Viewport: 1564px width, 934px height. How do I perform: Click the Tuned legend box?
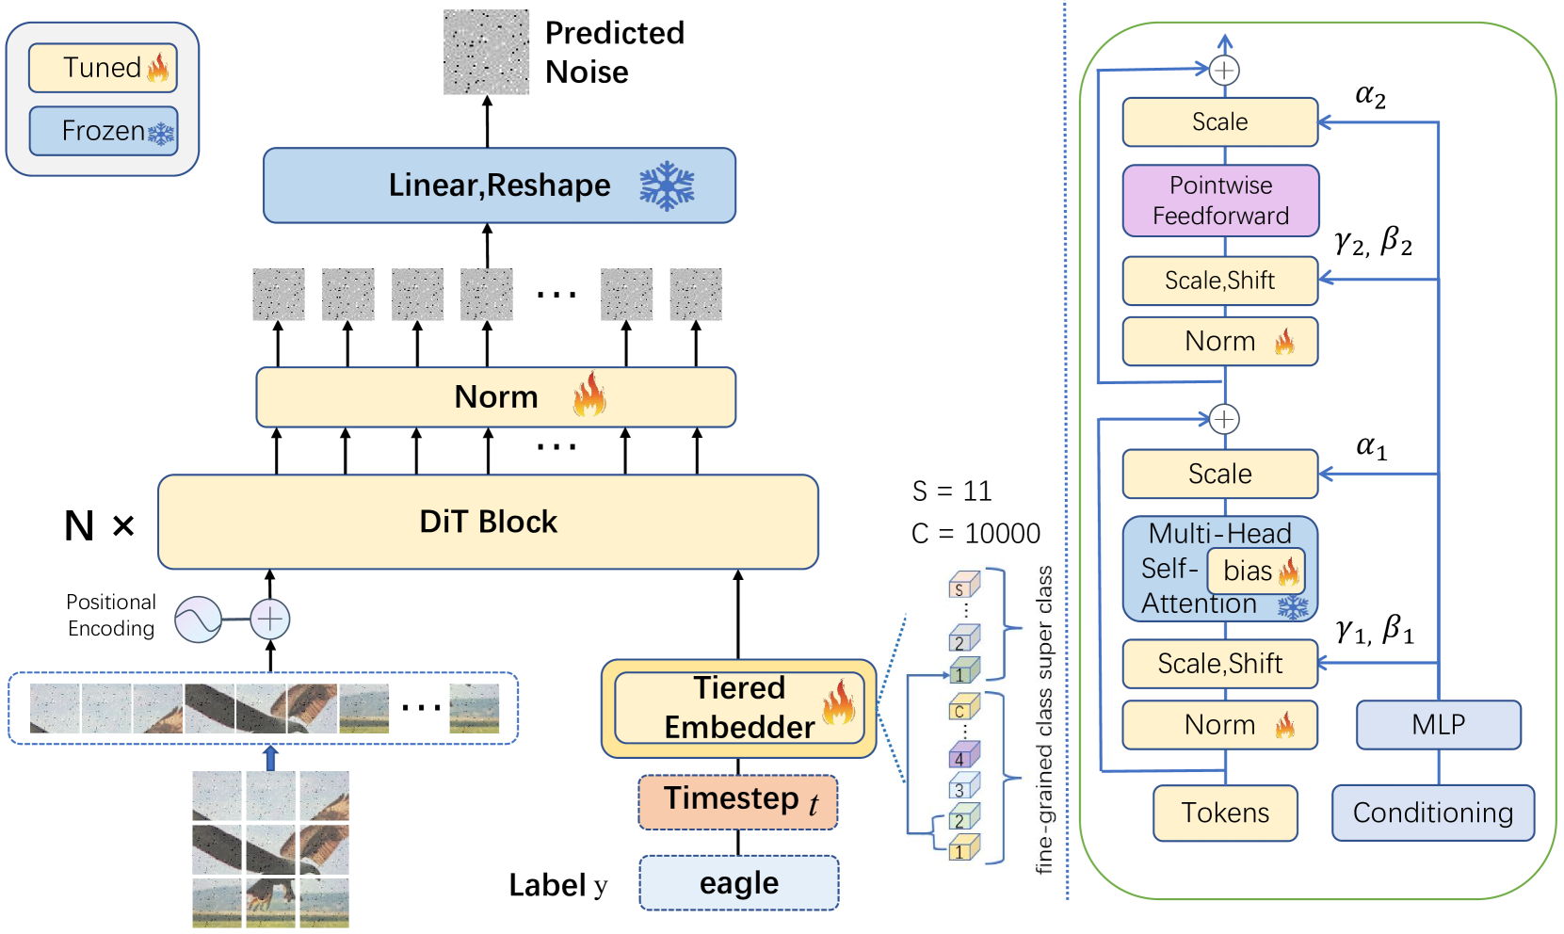[103, 68]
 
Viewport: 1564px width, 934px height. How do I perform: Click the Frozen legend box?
[103, 131]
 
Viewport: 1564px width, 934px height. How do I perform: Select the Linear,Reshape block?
[499, 185]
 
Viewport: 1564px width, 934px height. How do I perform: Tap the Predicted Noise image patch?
[486, 52]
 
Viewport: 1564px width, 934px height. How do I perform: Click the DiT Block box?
[488, 522]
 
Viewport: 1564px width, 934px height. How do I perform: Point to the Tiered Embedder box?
[738, 708]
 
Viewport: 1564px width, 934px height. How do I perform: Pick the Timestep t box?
[738, 801]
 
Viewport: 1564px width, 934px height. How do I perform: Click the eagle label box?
[738, 883]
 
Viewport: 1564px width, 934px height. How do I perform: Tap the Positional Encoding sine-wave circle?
[198, 620]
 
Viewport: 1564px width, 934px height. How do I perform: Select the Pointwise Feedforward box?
[1220, 201]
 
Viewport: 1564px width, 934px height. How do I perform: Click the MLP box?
[1438, 725]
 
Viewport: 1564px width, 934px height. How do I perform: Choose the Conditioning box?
[1432, 813]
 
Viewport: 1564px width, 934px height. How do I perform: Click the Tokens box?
[1225, 813]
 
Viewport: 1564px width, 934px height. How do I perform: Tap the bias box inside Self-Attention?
[1256, 571]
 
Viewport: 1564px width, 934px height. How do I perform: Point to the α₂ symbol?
[1370, 95]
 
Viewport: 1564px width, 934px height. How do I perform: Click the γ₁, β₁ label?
[1375, 629]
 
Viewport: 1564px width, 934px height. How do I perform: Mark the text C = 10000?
[975, 534]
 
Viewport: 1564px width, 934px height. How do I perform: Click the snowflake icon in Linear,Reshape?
[667, 185]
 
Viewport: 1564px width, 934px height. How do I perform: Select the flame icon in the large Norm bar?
[589, 395]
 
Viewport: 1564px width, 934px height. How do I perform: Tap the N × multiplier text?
[99, 525]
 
